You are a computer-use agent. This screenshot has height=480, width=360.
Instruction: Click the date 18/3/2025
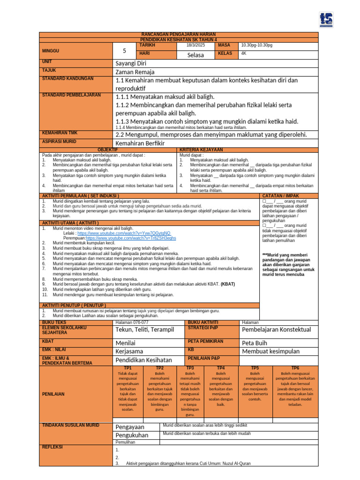[195, 45]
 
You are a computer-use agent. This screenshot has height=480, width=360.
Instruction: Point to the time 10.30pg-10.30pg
[256, 45]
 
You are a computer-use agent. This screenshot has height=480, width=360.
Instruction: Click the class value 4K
[244, 53]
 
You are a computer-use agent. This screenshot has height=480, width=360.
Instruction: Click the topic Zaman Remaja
[135, 72]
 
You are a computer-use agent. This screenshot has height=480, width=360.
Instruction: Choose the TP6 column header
[295, 368]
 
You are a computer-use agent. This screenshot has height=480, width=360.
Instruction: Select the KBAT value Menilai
[125, 343]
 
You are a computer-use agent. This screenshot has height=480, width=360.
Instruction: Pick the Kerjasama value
[129, 351]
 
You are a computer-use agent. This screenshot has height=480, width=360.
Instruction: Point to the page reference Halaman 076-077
[132, 322]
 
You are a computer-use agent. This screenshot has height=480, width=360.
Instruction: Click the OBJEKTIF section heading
[107, 149]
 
